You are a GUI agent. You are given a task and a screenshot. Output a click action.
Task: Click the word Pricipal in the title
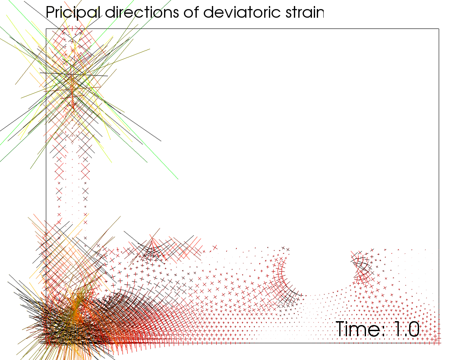click(73, 13)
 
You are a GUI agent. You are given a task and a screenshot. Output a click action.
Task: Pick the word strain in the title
click(302, 12)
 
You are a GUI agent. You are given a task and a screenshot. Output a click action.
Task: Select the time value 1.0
click(406, 329)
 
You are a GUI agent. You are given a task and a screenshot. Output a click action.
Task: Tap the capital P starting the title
click(50, 12)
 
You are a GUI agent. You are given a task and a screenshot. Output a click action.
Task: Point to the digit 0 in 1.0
click(413, 329)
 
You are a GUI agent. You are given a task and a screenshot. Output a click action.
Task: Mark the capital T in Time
click(341, 329)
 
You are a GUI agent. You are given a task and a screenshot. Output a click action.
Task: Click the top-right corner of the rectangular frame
click(439, 29)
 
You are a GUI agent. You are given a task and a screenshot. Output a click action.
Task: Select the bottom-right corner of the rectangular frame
click(439, 343)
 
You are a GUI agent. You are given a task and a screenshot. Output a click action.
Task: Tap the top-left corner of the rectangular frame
click(46, 29)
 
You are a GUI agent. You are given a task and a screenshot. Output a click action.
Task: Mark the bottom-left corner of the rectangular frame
click(46, 343)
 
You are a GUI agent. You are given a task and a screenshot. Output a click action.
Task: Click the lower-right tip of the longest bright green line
click(178, 179)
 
